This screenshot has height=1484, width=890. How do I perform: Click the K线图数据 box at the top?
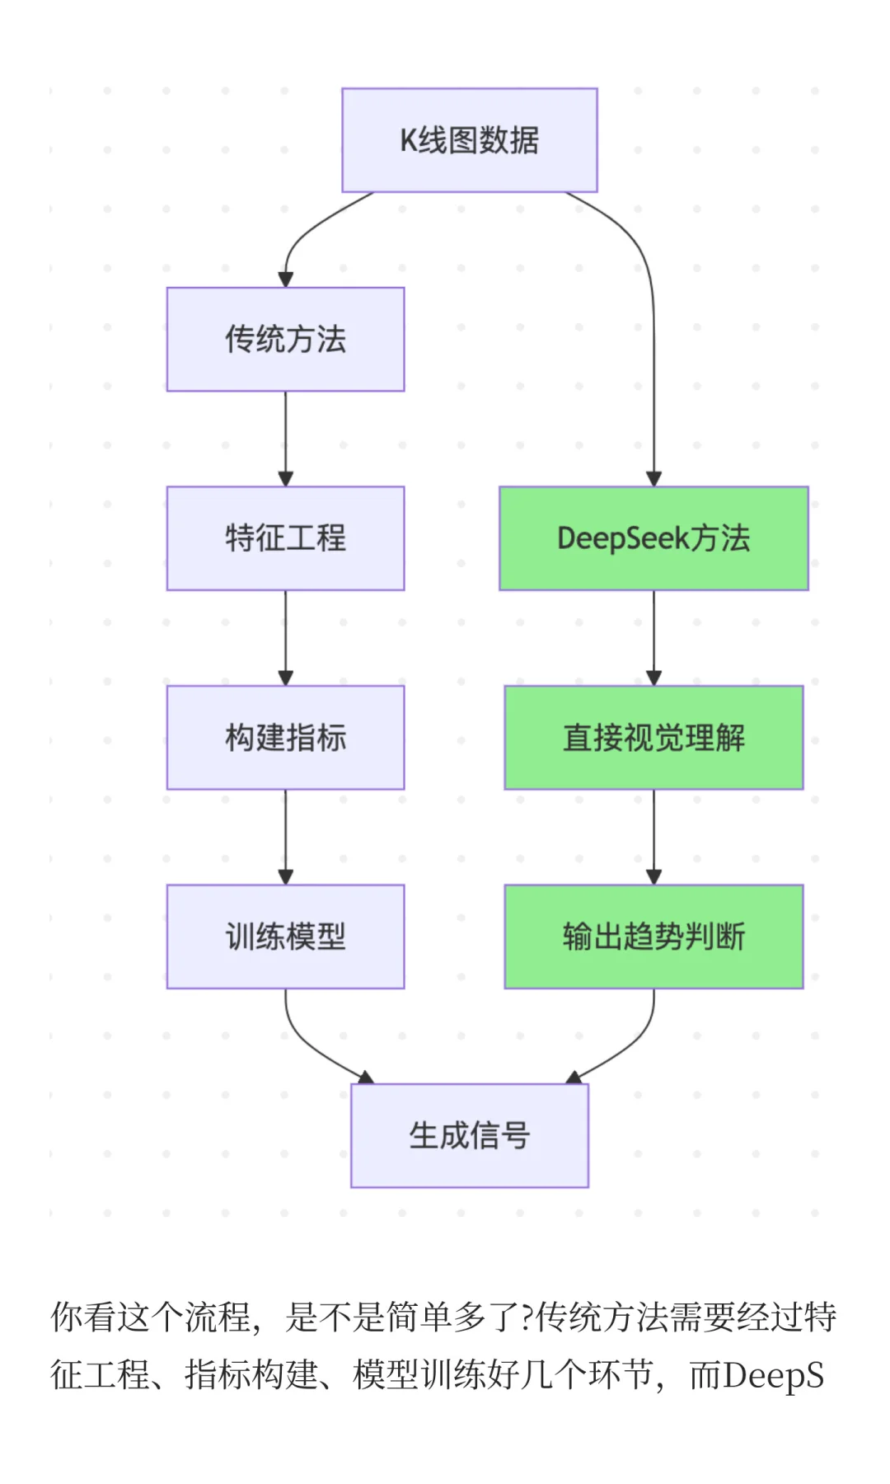click(469, 140)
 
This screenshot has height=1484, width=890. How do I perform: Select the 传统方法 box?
click(285, 339)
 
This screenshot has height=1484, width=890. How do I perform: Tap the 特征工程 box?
click(285, 538)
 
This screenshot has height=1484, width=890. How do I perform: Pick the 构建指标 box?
click(285, 737)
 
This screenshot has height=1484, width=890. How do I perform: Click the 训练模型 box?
click(285, 937)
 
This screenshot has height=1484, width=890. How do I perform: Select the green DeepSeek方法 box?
click(653, 538)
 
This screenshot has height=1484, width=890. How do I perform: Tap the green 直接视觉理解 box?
click(653, 737)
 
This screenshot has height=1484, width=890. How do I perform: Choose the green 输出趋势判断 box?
click(653, 937)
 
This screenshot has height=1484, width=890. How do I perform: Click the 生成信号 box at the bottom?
click(469, 1135)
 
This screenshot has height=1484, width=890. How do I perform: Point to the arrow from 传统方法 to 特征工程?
click(285, 437)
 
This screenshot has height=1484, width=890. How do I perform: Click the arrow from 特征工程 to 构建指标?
click(285, 636)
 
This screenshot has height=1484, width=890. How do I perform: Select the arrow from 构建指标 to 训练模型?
click(285, 836)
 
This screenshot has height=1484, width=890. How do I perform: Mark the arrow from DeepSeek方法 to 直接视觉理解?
click(653, 636)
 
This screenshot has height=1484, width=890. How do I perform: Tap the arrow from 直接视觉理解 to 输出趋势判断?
click(653, 836)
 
